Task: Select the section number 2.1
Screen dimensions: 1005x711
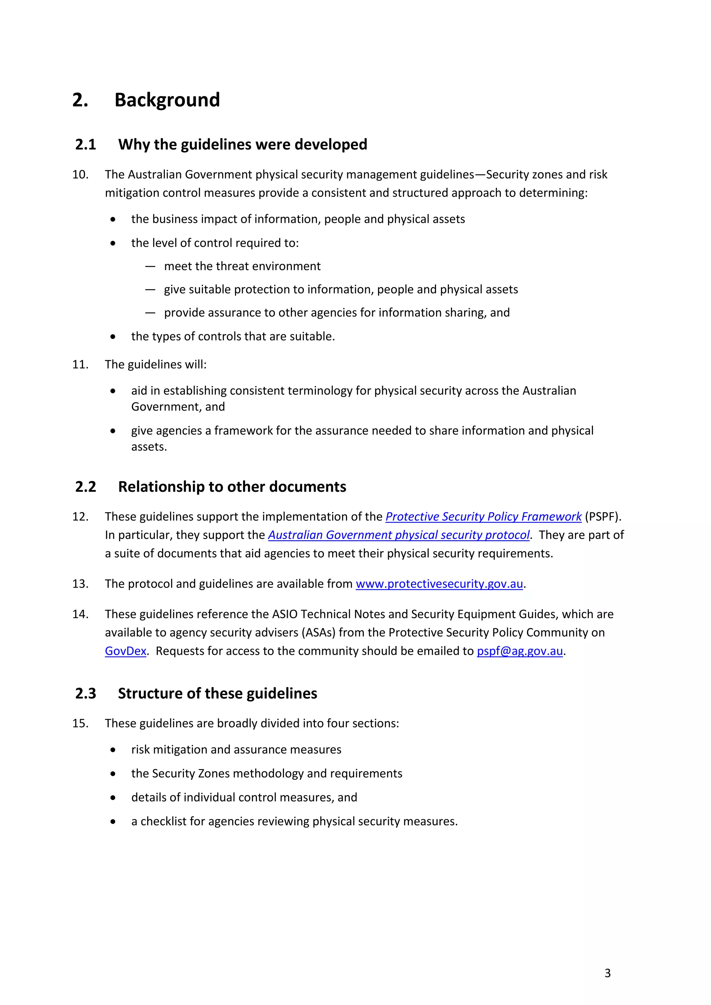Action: (x=85, y=144)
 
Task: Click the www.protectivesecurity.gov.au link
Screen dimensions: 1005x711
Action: (x=439, y=584)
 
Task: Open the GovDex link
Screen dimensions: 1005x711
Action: (x=125, y=651)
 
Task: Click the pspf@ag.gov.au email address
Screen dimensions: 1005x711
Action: (x=519, y=651)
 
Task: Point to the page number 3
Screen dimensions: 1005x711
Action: (x=607, y=973)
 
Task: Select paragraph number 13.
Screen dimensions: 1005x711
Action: (x=80, y=584)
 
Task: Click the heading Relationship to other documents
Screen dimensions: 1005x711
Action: (x=232, y=487)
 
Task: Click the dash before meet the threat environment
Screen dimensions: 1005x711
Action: (x=150, y=267)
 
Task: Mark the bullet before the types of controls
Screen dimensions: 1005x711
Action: (x=113, y=337)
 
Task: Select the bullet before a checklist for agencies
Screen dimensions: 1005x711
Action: (x=113, y=822)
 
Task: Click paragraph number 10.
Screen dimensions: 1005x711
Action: (x=80, y=175)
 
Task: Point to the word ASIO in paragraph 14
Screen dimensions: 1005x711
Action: (x=285, y=614)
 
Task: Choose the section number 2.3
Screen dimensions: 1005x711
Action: (x=85, y=693)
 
